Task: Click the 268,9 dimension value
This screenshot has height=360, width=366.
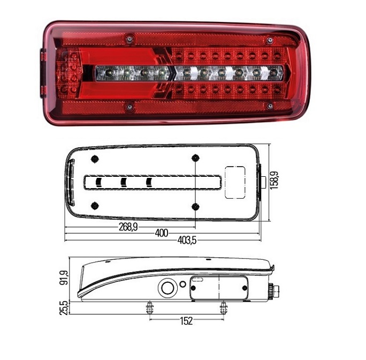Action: (x=127, y=227)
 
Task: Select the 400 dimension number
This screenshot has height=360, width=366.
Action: (x=161, y=233)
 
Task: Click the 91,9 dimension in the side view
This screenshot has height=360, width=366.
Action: (x=64, y=277)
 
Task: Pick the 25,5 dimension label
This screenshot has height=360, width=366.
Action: (x=64, y=308)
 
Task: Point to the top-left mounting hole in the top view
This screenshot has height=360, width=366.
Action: (x=95, y=159)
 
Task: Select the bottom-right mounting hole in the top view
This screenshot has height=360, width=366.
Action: (x=195, y=206)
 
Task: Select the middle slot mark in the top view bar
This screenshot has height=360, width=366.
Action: (x=124, y=183)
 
